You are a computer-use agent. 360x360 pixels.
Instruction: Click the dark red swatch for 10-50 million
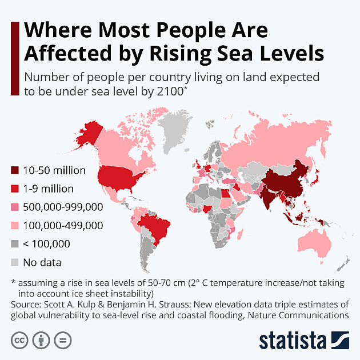(x=15, y=170)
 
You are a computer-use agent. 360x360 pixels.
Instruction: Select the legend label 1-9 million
(x=48, y=189)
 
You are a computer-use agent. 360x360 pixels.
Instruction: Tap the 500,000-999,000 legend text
(x=63, y=207)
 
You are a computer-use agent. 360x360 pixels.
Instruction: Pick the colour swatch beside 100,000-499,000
(x=15, y=225)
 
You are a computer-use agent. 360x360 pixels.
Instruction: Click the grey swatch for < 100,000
(x=15, y=243)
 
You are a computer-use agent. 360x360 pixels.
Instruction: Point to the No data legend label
(x=42, y=262)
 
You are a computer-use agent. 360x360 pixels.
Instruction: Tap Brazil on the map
(x=154, y=227)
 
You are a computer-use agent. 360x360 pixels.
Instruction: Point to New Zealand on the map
(x=343, y=263)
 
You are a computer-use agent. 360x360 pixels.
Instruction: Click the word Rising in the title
(x=181, y=54)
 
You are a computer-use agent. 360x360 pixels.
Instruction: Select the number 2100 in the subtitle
(x=170, y=91)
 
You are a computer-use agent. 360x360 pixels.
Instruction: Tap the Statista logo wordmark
(x=293, y=341)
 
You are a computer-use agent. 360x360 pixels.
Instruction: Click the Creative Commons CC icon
(x=19, y=341)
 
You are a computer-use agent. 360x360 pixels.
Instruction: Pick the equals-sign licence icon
(x=63, y=341)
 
